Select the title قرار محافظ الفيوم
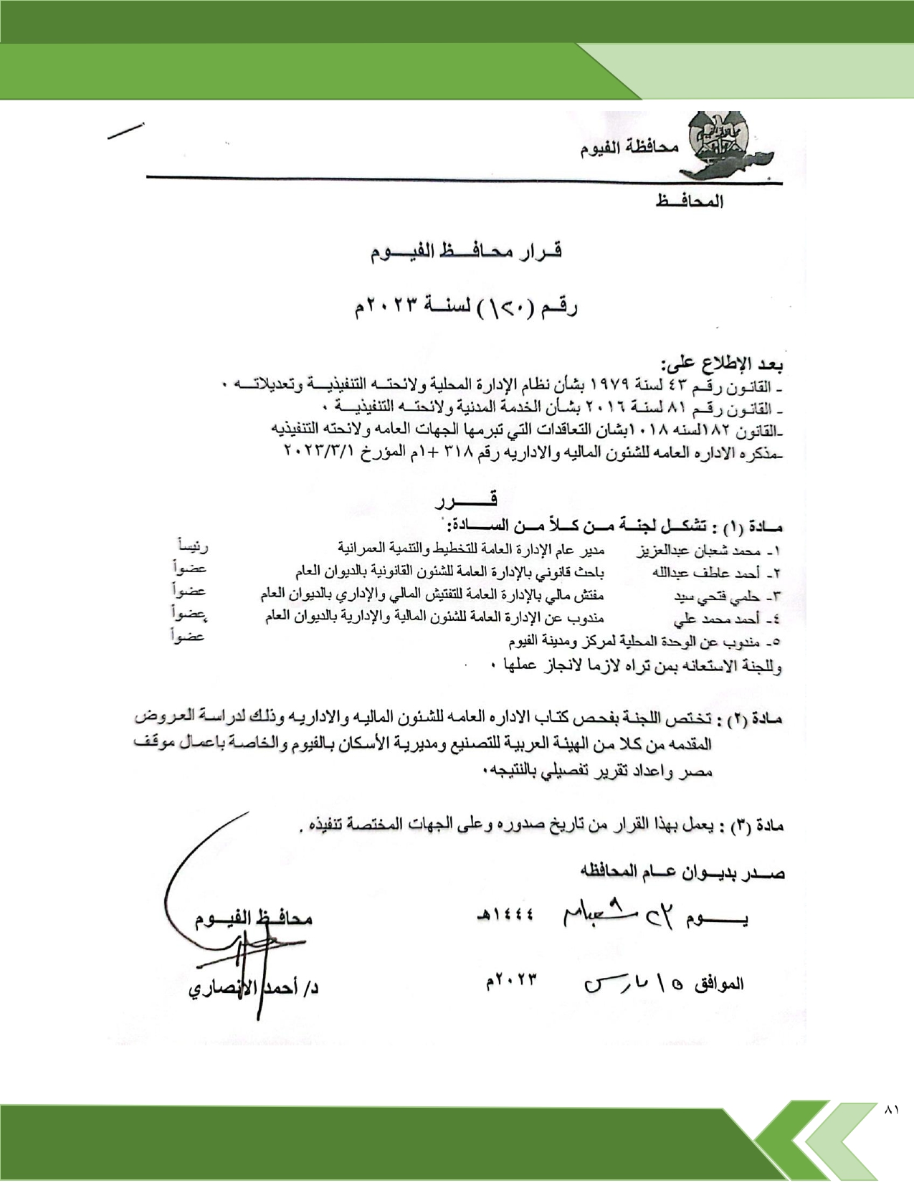coord(466,252)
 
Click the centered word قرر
coord(466,500)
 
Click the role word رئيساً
coord(193,548)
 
